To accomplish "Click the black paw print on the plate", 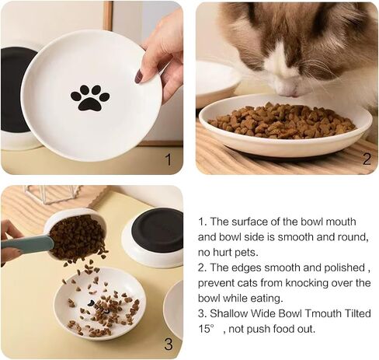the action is click(x=90, y=97).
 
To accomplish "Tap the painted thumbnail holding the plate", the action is click(x=138, y=76).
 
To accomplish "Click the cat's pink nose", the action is click(x=289, y=90).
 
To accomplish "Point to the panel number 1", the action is click(x=169, y=159).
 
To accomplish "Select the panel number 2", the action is click(x=367, y=159).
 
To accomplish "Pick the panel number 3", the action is click(x=169, y=344).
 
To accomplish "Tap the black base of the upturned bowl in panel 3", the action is click(x=157, y=227).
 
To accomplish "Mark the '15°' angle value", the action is click(x=207, y=329).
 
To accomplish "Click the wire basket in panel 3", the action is click(x=53, y=194).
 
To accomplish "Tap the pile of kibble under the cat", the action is click(x=282, y=121).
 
